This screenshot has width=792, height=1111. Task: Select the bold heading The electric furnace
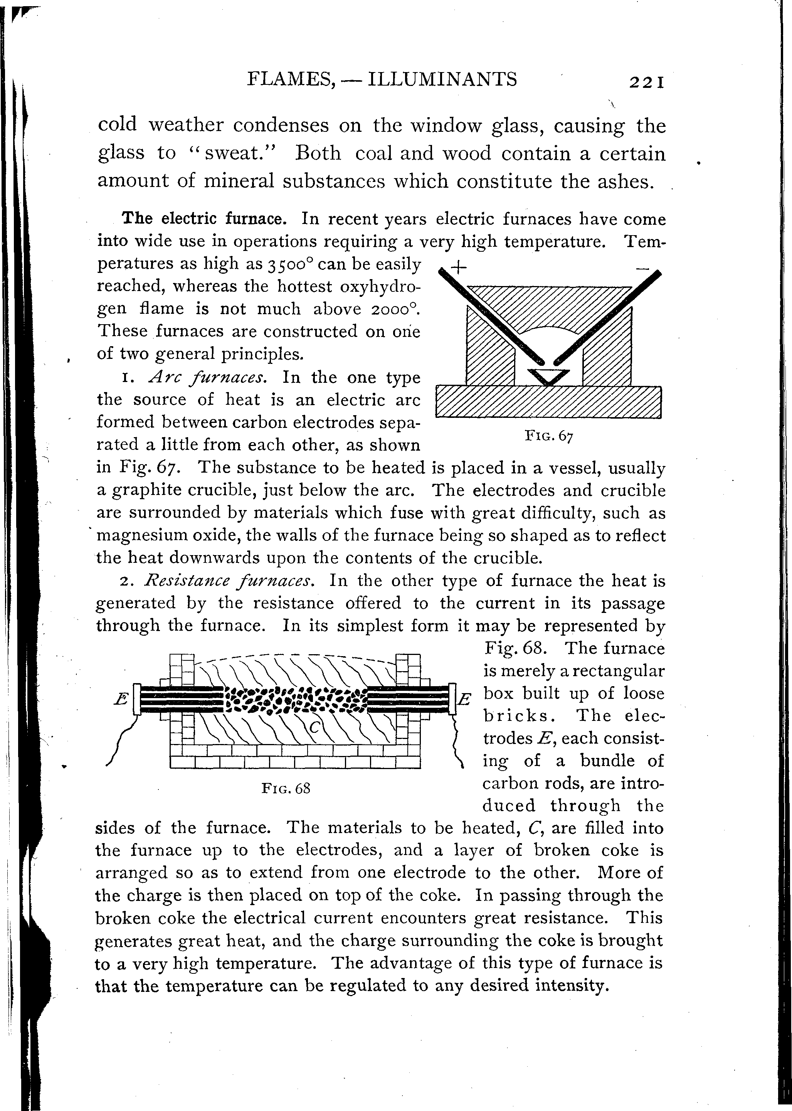coord(204,218)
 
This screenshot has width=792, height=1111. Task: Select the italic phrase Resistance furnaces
coord(228,581)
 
